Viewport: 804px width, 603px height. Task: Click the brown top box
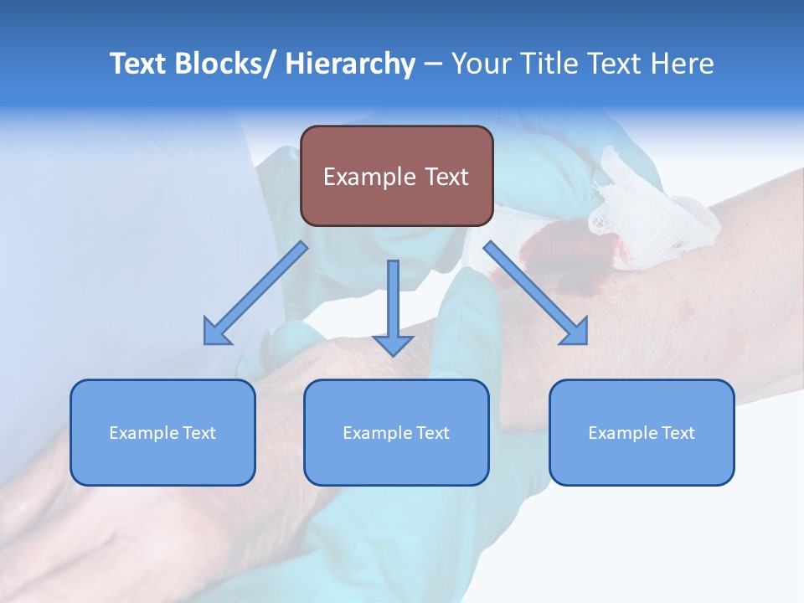396,176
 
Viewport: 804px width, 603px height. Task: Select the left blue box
162,432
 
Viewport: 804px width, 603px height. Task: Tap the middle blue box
396,432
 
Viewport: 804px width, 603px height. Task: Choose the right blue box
642,432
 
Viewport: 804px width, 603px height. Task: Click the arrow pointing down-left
255,293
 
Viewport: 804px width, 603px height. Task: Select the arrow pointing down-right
536,293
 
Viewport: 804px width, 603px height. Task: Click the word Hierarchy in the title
349,64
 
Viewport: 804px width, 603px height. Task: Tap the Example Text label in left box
162,433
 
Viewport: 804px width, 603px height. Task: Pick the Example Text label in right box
642,433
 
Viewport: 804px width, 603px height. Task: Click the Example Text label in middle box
396,433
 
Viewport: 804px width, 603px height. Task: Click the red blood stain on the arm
557,251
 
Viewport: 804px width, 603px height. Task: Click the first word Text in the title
137,64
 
